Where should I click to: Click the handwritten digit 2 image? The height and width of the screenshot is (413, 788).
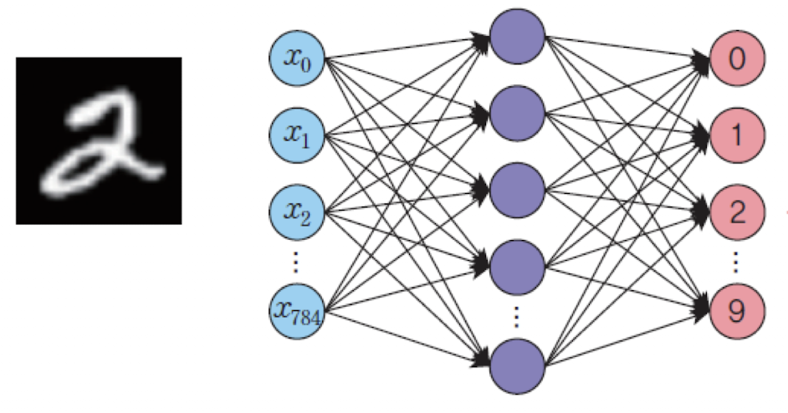(99, 140)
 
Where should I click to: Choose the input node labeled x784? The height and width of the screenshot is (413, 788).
(297, 311)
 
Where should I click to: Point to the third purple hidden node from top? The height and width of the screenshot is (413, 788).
(517, 191)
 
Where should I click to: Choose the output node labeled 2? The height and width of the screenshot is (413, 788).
(736, 212)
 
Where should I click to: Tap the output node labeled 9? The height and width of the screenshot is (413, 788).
(736, 311)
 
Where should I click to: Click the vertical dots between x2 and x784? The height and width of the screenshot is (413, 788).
(295, 263)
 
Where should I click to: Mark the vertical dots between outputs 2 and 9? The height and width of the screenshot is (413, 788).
(736, 263)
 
